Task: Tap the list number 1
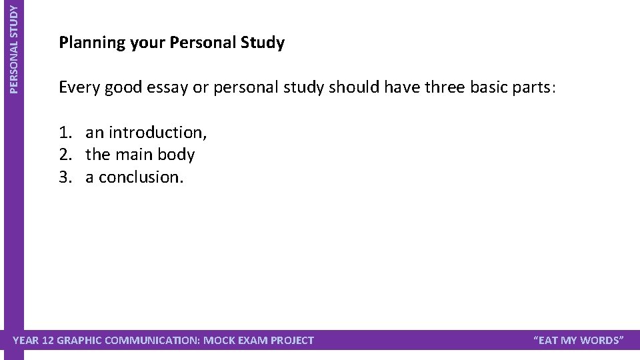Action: pos(65,133)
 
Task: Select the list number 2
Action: pos(65,155)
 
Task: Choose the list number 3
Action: pos(65,177)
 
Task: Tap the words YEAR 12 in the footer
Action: pos(34,341)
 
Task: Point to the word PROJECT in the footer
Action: pos(291,341)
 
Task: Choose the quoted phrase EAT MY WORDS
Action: pos(579,341)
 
